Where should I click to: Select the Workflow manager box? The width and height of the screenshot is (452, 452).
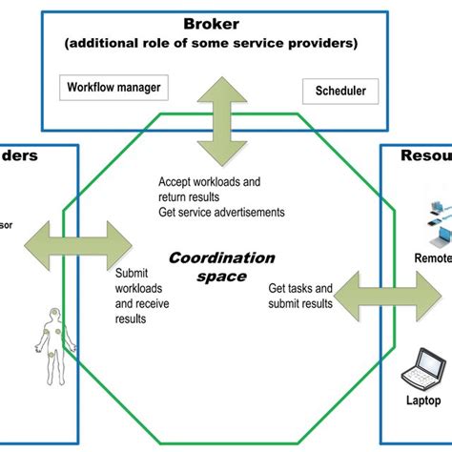(113, 88)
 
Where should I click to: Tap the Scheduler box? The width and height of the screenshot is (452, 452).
(340, 92)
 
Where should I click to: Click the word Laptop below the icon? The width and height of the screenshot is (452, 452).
(420, 401)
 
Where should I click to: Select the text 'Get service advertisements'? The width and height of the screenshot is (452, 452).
(222, 213)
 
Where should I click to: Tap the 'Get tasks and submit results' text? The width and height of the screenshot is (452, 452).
(300, 296)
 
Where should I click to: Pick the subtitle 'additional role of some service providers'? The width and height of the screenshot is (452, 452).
(214, 44)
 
